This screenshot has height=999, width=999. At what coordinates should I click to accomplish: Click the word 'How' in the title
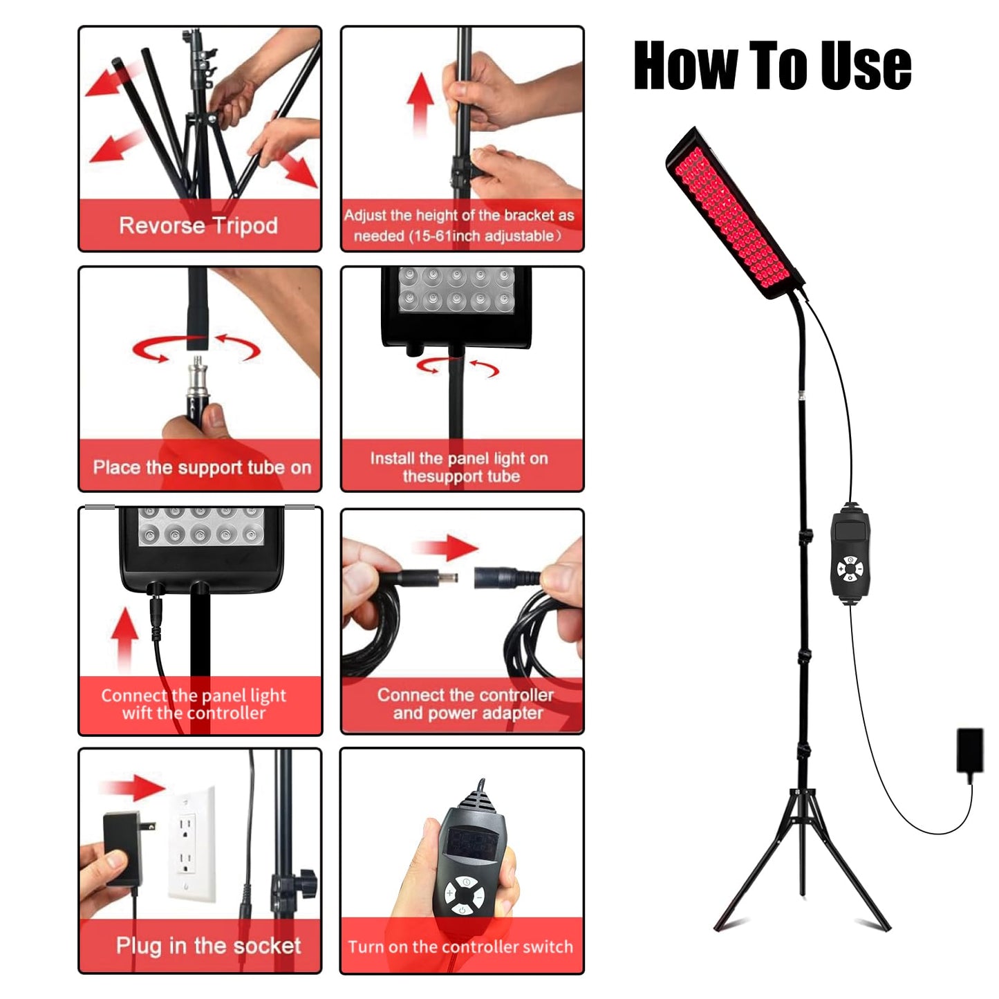click(x=685, y=65)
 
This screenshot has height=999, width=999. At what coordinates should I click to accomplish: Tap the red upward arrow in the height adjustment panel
click(x=420, y=104)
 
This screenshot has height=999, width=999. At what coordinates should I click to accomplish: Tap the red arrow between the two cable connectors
click(x=447, y=548)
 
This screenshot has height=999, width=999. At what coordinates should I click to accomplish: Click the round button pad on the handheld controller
click(x=464, y=896)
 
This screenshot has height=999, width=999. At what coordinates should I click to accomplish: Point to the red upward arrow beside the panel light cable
click(x=124, y=639)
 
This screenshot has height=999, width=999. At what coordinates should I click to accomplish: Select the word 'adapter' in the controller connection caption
click(x=512, y=714)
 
